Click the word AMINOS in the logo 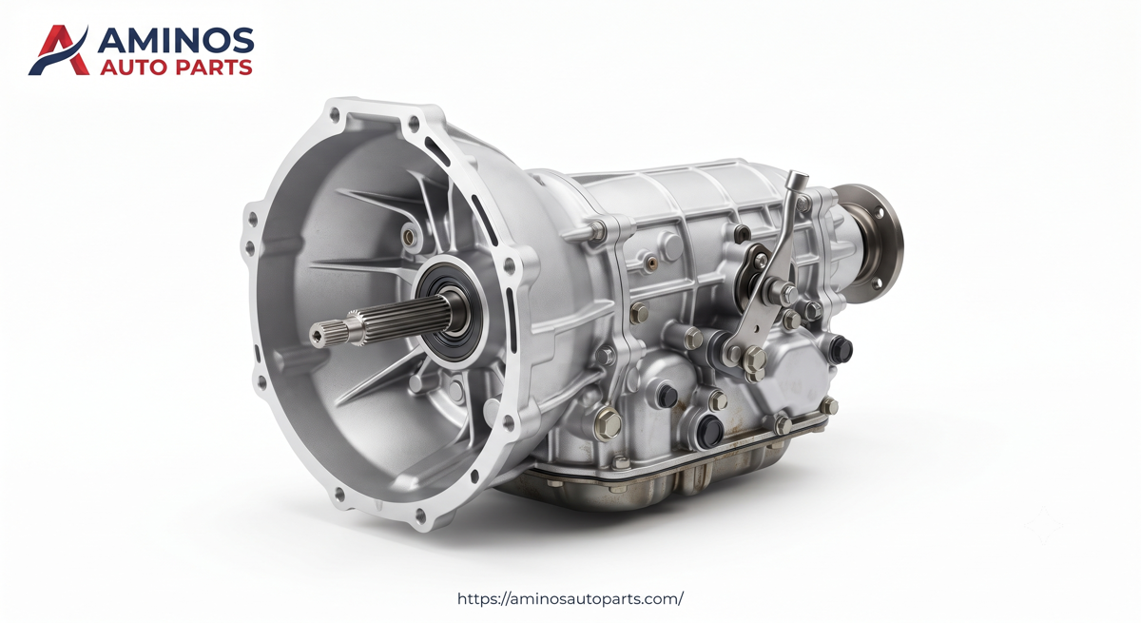[x=175, y=40]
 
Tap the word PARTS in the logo [x=213, y=68]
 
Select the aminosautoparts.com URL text [x=570, y=599]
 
